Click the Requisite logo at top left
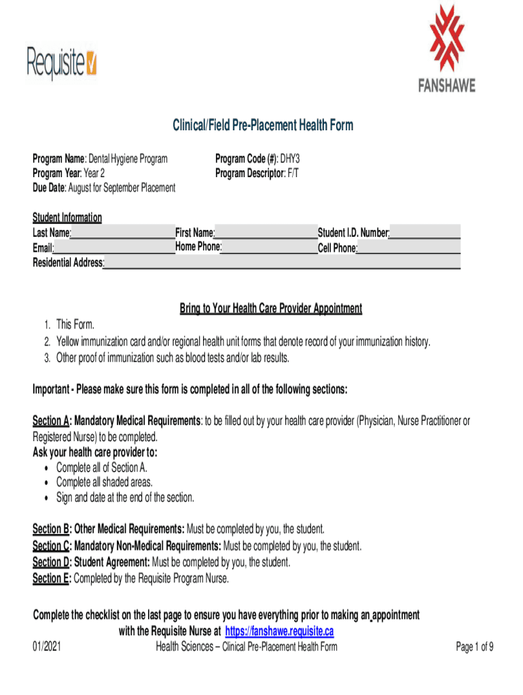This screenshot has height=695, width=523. point(62,62)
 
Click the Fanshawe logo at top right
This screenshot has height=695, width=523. point(446,48)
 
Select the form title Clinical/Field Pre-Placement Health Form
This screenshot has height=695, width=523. point(261,126)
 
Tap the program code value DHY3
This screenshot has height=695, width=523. point(289,159)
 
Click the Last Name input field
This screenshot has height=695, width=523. point(122,233)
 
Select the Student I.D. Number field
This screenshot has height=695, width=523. point(425,233)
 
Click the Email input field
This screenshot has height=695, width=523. point(114,248)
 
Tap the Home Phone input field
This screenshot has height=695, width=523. point(270,247)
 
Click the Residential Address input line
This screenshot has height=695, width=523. point(282,263)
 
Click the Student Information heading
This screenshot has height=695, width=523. point(67,218)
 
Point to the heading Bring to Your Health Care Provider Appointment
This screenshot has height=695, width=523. point(270,309)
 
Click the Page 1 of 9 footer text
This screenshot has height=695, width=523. point(474,647)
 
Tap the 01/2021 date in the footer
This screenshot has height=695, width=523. point(47,647)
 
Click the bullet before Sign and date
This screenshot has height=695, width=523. point(45,498)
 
